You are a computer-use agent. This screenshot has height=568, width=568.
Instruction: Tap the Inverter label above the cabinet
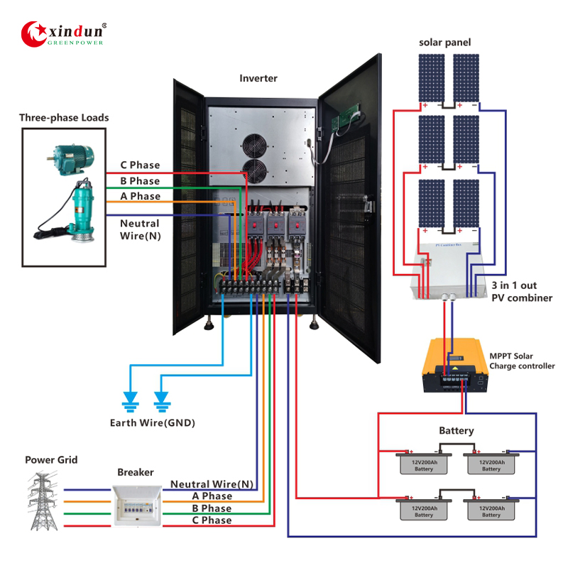258,78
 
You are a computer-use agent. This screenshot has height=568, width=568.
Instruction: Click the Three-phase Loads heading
64,117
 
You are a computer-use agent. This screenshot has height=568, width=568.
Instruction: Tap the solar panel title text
444,43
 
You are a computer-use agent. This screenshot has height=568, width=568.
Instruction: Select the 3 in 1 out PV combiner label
521,291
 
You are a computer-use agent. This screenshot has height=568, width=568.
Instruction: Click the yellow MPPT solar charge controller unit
455,366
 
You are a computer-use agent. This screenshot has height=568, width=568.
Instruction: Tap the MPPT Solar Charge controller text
522,361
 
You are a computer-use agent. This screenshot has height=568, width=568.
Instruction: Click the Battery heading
456,430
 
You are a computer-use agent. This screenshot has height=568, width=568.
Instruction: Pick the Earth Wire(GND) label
152,423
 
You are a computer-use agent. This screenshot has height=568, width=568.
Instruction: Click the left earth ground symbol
130,402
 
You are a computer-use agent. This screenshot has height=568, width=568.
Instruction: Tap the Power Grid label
51,460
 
